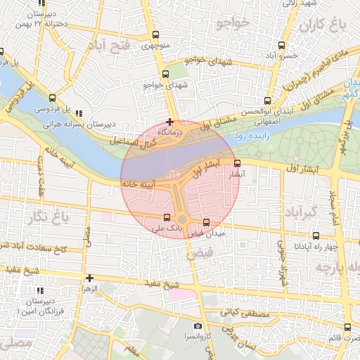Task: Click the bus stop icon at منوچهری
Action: tap(155, 35)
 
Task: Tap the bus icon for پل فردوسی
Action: tap(53, 98)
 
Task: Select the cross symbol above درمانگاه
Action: tap(169, 122)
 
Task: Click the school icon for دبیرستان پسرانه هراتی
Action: tap(79, 112)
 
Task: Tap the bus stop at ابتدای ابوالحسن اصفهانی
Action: tap(267, 100)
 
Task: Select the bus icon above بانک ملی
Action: tap(167, 217)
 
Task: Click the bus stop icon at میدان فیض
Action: tap(206, 222)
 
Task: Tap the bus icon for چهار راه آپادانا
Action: tap(316, 236)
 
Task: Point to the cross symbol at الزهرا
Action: tap(89, 278)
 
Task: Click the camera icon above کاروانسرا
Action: tap(198, 326)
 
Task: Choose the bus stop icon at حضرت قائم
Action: tap(347, 327)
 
